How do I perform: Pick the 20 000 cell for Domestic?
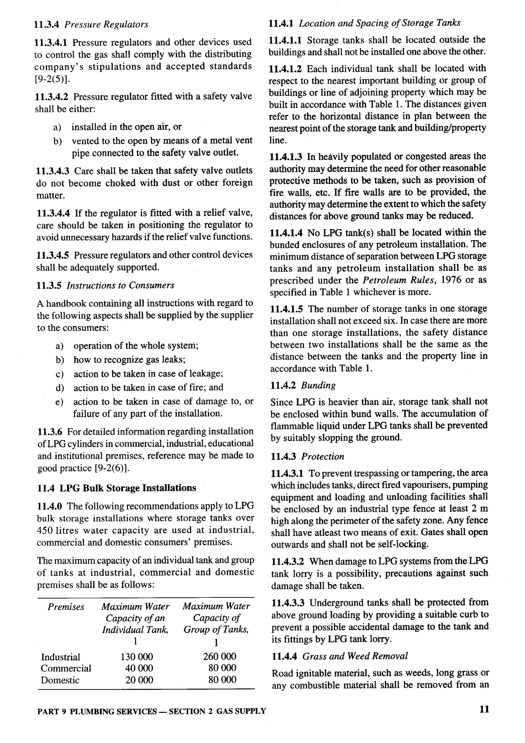click(x=139, y=680)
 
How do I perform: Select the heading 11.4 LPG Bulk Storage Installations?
click(x=117, y=488)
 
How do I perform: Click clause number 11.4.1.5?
click(x=286, y=309)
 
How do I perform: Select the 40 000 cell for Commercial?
click(x=139, y=668)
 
